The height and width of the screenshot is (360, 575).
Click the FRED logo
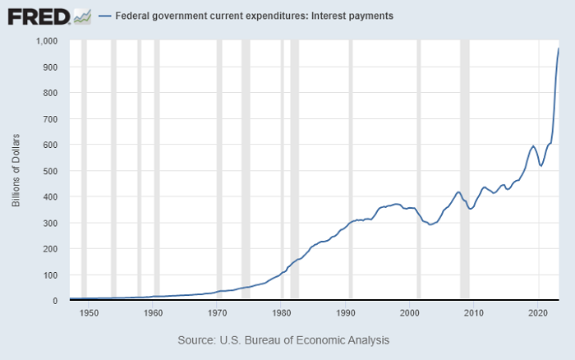[x=38, y=16]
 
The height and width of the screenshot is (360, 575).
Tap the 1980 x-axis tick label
[x=281, y=313]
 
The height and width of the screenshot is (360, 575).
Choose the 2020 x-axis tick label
[x=537, y=313]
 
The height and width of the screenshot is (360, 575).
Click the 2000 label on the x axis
[x=409, y=313]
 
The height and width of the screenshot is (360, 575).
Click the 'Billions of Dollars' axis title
[x=16, y=170]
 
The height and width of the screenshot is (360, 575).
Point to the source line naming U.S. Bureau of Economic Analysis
[x=283, y=339]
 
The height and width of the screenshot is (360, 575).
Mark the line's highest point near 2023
[x=559, y=48]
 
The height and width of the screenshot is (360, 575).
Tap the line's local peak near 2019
[x=533, y=146]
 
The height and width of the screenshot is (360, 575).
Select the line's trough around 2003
[x=430, y=224]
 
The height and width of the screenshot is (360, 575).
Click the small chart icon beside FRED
[x=81, y=16]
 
